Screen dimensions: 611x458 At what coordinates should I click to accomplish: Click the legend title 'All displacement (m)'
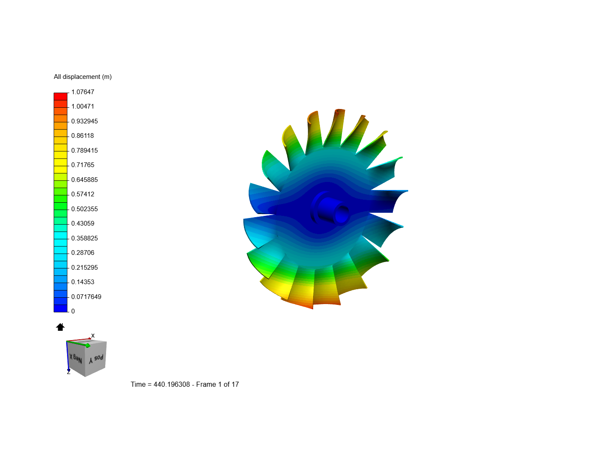pyautogui.click(x=83, y=77)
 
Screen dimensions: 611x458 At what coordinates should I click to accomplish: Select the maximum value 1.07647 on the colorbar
pyautogui.click(x=83, y=92)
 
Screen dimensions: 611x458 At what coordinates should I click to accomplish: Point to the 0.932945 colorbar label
pyautogui.click(x=84, y=121)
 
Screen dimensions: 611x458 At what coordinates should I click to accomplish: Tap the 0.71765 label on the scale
pyautogui.click(x=83, y=165)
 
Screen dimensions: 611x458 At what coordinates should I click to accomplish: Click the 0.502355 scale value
pyautogui.click(x=84, y=209)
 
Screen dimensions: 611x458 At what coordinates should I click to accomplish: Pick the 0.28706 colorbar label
pyautogui.click(x=83, y=253)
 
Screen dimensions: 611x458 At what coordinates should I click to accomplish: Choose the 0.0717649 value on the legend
pyautogui.click(x=86, y=297)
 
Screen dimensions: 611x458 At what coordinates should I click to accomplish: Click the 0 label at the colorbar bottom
pyautogui.click(x=73, y=311)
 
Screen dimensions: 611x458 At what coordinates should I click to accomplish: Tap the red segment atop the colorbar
pyautogui.click(x=60, y=97)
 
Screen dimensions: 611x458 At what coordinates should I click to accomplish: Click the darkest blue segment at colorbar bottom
pyautogui.click(x=60, y=309)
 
